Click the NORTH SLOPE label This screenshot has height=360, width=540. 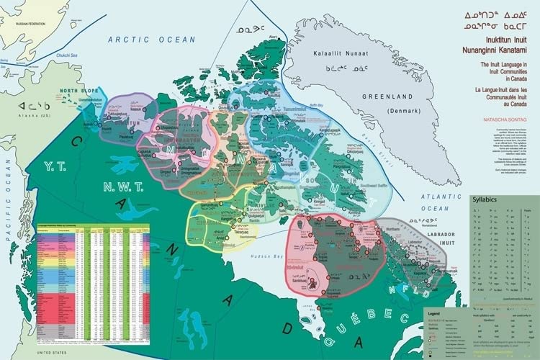coord(77,91)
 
